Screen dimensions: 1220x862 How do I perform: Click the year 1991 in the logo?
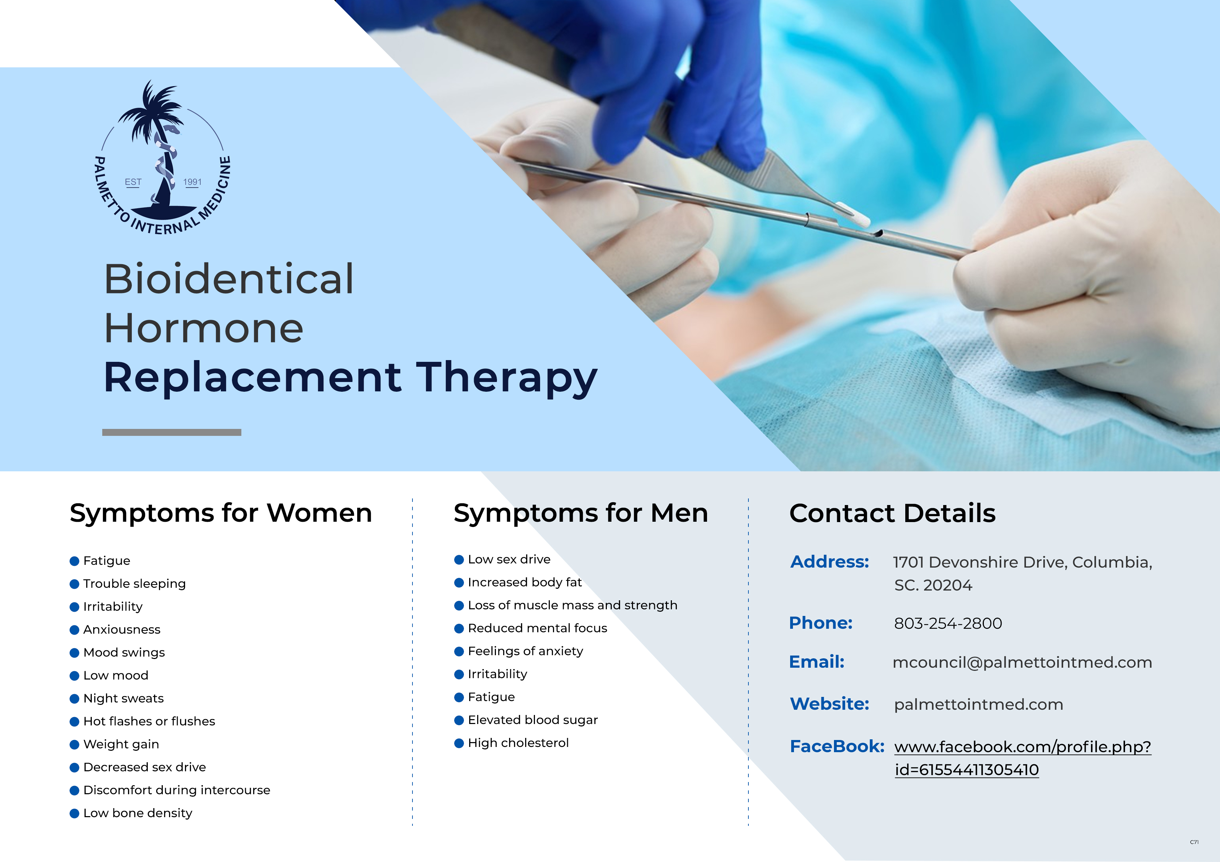[192, 182]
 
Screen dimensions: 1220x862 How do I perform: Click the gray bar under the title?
[172, 432]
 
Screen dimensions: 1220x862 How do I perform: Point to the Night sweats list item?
[123, 698]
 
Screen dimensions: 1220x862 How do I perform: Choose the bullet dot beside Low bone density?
[74, 814]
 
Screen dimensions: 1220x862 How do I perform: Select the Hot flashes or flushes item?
[149, 721]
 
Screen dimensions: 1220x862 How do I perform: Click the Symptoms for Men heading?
[581, 513]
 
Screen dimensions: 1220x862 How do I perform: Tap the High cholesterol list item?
[518, 743]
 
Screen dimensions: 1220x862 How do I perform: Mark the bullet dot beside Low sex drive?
[459, 560]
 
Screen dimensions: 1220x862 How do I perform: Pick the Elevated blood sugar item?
[533, 720]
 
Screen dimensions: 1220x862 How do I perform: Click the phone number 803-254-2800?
[948, 624]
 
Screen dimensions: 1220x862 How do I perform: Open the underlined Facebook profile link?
[1023, 758]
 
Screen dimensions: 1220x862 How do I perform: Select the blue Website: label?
[829, 704]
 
